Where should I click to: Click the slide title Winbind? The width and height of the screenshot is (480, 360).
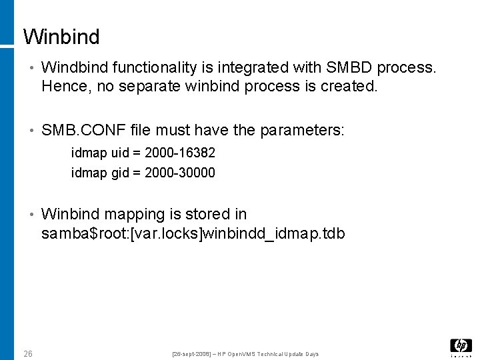61,37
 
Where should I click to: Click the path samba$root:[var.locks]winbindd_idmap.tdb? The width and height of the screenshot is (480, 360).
193,234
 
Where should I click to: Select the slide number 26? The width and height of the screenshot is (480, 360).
28,353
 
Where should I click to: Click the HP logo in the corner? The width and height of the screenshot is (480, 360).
461,345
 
